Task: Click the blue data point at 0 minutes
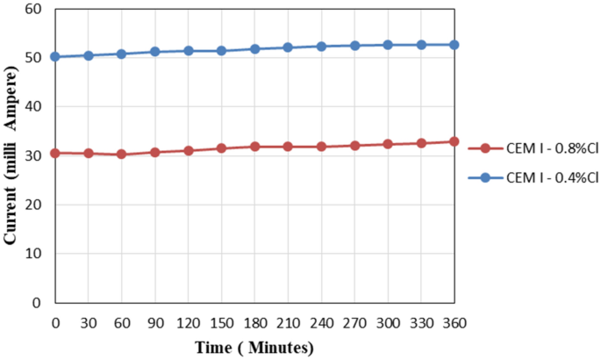click(54, 56)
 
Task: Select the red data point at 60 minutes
click(121, 154)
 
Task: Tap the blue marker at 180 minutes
click(254, 49)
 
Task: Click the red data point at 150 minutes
click(221, 148)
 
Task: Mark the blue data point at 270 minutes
click(354, 46)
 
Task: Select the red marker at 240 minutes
click(321, 146)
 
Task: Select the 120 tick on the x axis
click(188, 322)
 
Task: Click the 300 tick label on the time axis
click(388, 322)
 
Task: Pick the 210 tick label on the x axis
click(288, 322)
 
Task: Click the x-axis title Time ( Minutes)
click(254, 347)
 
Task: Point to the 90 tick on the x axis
click(154, 322)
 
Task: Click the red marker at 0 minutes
click(54, 153)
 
